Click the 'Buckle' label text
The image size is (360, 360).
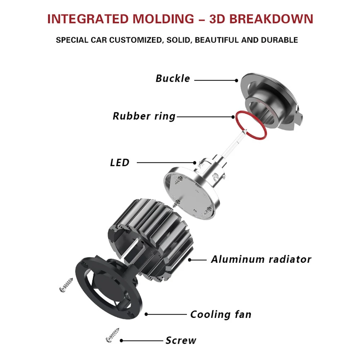click(x=173, y=78)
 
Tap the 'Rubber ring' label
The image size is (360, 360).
click(x=144, y=116)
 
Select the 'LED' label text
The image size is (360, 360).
click(x=120, y=163)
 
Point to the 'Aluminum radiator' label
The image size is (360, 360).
click(x=261, y=260)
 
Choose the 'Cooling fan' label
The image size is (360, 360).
click(x=221, y=314)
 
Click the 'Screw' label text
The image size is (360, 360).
click(x=181, y=340)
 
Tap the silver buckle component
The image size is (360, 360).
click(x=271, y=101)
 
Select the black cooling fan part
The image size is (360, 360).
click(x=108, y=287)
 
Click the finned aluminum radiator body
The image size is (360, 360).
click(x=150, y=239)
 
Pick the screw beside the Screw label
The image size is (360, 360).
click(x=112, y=336)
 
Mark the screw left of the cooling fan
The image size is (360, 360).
click(x=66, y=285)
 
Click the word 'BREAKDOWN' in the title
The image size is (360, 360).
click(x=271, y=19)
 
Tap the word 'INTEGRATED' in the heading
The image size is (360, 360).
click(x=88, y=19)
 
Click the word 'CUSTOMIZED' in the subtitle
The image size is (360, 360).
click(x=135, y=40)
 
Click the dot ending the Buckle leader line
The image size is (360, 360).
click(x=237, y=80)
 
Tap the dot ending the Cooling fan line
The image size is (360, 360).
click(x=146, y=314)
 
